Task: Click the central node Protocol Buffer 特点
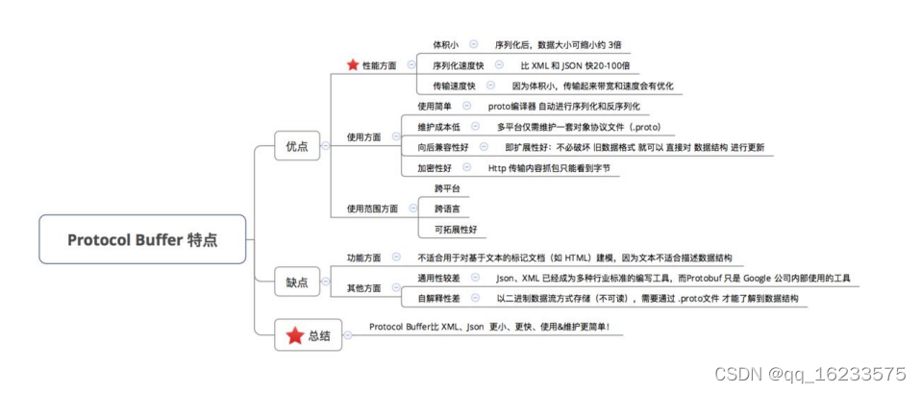142,240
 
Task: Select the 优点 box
297,146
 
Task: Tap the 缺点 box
297,282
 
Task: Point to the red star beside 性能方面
352,65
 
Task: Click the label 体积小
445,45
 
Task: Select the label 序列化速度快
457,65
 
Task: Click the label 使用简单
436,106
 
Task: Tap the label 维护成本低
438,127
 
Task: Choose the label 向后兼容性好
443,147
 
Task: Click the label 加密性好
435,167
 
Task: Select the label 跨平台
446,188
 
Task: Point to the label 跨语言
446,209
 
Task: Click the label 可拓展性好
455,230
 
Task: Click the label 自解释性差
438,299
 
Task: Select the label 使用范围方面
372,209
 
